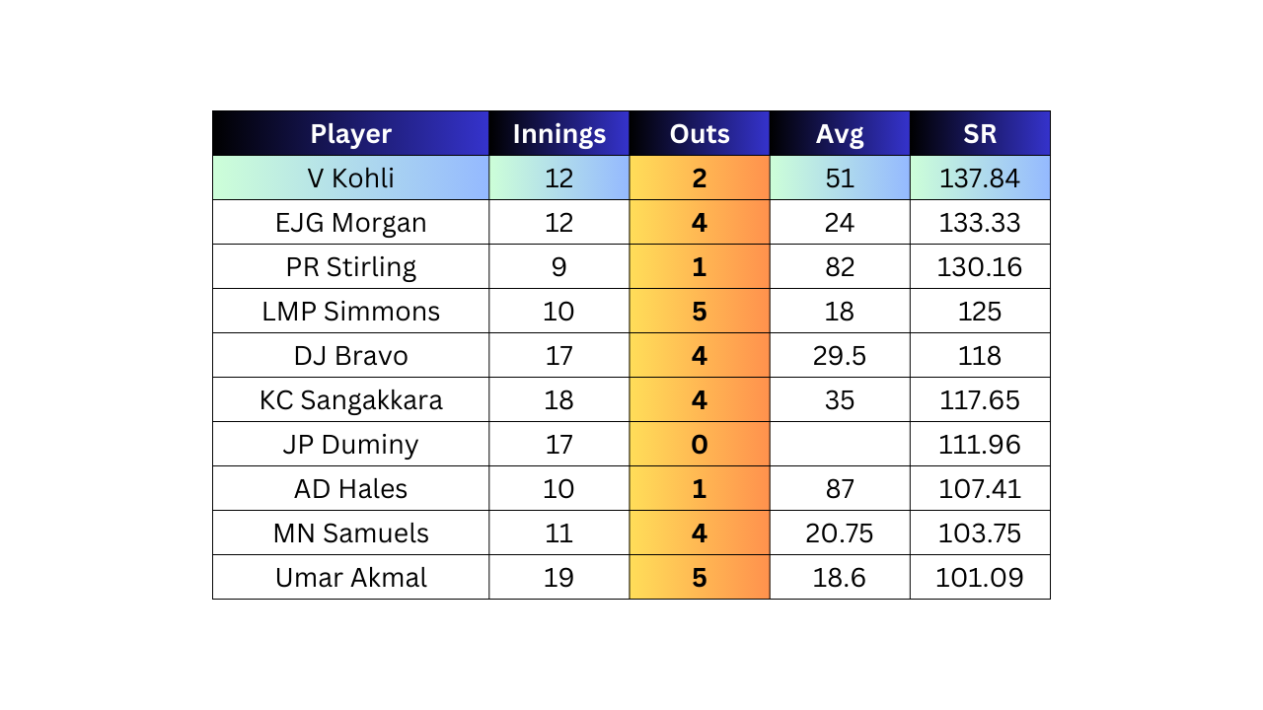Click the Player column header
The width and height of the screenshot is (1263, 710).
(350, 133)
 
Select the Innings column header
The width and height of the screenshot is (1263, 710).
(558, 133)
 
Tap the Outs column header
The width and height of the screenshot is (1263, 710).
(700, 133)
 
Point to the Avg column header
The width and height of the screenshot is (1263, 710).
(840, 133)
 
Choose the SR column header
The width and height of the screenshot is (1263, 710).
(980, 133)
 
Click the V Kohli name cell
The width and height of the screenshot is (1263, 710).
(350, 178)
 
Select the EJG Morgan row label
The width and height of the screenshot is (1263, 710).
(350, 223)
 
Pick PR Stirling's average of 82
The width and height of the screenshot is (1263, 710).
(840, 266)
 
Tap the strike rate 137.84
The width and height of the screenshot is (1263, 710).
(980, 178)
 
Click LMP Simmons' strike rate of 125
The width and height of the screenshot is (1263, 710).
(980, 311)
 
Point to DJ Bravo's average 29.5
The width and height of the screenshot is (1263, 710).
(840, 356)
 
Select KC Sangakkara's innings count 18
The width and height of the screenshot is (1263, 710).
(558, 400)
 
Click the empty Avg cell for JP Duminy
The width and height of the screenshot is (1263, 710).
(840, 444)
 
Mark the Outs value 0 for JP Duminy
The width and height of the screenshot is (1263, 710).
(700, 444)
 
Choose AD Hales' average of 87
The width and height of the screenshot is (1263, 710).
(840, 488)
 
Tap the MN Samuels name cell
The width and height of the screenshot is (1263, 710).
(350, 533)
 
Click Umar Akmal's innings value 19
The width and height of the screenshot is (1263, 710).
(558, 578)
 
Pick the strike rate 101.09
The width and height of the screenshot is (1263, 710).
(980, 578)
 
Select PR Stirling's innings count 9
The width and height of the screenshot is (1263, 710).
(558, 266)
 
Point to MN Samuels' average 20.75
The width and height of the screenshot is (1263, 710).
(840, 533)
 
